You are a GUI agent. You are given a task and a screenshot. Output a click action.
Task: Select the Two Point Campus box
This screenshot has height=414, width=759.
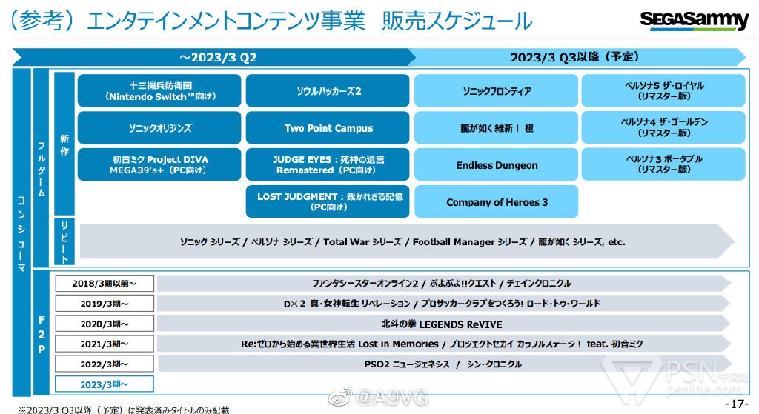(328, 128)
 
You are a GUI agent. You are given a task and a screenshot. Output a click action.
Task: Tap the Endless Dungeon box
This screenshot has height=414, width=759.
(497, 165)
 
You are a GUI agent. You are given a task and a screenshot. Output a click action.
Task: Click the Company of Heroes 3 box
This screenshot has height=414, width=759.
(497, 202)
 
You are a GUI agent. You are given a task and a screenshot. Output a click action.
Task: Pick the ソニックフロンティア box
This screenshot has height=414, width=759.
(497, 91)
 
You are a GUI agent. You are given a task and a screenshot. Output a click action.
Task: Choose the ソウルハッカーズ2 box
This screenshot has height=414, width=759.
(328, 91)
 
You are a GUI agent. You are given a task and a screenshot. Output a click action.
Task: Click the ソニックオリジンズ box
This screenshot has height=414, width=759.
(159, 128)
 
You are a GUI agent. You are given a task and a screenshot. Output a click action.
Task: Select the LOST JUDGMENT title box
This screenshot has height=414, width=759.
(328, 202)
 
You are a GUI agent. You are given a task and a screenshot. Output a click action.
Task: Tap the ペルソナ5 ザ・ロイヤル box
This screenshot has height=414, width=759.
(663, 91)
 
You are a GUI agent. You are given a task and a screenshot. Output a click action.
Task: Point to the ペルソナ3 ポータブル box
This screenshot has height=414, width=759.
(663, 164)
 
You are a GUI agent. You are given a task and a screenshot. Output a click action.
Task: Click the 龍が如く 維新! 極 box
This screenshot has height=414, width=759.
(497, 128)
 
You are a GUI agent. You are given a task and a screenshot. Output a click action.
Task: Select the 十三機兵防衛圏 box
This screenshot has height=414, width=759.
(159, 91)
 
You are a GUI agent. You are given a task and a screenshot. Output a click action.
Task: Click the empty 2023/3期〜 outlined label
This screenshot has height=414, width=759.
(104, 384)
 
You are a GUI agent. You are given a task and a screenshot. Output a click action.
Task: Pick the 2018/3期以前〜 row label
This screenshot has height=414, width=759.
(104, 284)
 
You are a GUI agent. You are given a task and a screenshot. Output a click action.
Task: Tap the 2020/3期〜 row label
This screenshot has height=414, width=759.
(104, 324)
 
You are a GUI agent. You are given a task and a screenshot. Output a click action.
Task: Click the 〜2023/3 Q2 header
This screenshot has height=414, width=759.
(212, 57)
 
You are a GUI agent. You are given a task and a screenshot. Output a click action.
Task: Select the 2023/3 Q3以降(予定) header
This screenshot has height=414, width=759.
(574, 57)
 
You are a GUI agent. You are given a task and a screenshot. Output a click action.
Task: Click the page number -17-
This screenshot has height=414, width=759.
(737, 404)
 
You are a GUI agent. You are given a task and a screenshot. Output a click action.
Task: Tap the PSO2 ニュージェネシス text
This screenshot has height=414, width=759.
(404, 364)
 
